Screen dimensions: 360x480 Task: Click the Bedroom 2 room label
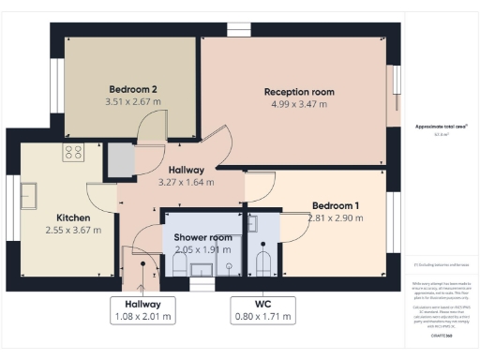coord(131,89)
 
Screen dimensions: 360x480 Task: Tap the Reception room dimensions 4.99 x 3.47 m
coord(299,104)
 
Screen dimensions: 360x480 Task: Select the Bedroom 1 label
coord(337,205)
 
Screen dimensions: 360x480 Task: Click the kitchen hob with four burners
coord(74,151)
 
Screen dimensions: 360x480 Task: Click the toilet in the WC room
coord(264,262)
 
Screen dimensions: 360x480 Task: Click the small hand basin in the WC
coord(252,223)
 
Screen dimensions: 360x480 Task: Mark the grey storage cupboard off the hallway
coord(119,161)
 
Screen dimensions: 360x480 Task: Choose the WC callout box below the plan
coord(262,309)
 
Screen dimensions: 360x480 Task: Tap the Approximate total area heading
coord(442,126)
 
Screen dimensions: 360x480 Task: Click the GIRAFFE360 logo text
coord(442,335)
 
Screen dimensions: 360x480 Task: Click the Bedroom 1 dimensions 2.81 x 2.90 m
coord(337,218)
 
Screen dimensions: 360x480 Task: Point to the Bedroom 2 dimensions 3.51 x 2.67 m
coord(131,101)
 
